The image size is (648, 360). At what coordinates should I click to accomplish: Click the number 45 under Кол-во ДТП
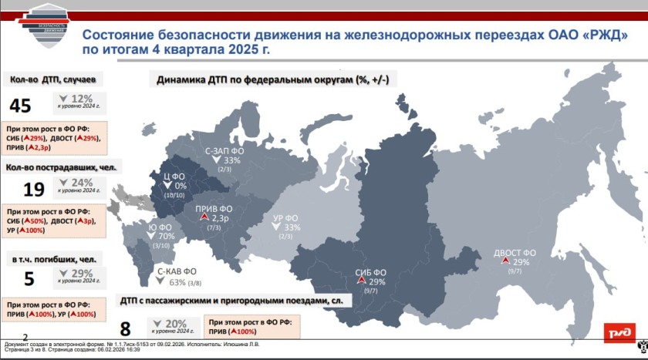pos(21,106)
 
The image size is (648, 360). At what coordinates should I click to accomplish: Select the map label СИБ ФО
pos(370,272)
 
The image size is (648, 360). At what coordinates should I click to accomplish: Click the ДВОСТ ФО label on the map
pos(515,253)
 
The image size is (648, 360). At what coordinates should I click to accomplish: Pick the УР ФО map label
pos(287,217)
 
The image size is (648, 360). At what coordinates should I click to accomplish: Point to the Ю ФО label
pos(160,227)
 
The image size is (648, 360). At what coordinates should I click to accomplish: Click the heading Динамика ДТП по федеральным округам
pos(272,79)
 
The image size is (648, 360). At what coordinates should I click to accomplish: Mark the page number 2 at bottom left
pos(26,337)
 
